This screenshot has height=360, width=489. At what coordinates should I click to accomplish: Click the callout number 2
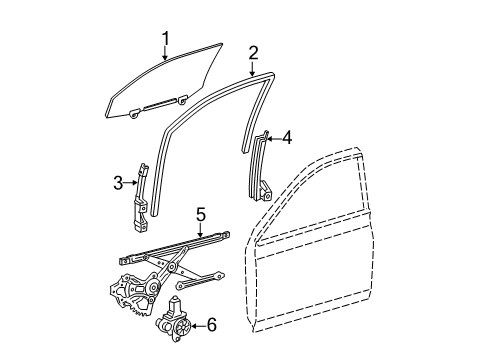(253, 52)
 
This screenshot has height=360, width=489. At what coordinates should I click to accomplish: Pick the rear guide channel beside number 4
(263, 165)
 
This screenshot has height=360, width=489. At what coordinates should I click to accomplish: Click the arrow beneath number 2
(252, 68)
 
